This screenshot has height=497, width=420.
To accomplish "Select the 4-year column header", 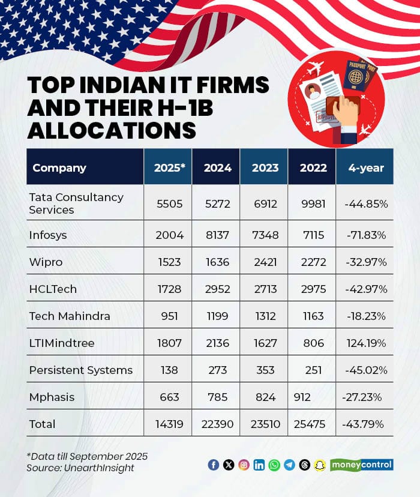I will click(365, 167).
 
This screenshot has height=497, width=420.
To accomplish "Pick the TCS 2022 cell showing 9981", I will click(312, 203).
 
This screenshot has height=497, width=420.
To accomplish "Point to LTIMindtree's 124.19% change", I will click(365, 343).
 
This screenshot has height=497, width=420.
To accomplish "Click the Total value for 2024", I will click(216, 424).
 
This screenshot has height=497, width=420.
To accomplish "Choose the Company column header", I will click(59, 167).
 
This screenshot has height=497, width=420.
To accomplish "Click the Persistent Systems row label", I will click(80, 370).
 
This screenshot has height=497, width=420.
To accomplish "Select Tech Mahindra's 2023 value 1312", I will click(264, 316).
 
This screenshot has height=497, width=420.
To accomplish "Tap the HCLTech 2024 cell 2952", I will click(216, 289).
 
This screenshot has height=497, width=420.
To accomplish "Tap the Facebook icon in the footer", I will click(213, 465).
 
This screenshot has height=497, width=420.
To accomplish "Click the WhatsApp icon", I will click(274, 465).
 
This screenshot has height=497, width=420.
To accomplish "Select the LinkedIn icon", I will click(259, 465).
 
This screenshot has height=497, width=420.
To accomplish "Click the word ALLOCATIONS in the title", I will click(112, 130).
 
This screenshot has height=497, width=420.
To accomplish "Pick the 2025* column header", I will click(168, 167).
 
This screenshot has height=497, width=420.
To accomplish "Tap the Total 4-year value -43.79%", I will click(365, 424).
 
